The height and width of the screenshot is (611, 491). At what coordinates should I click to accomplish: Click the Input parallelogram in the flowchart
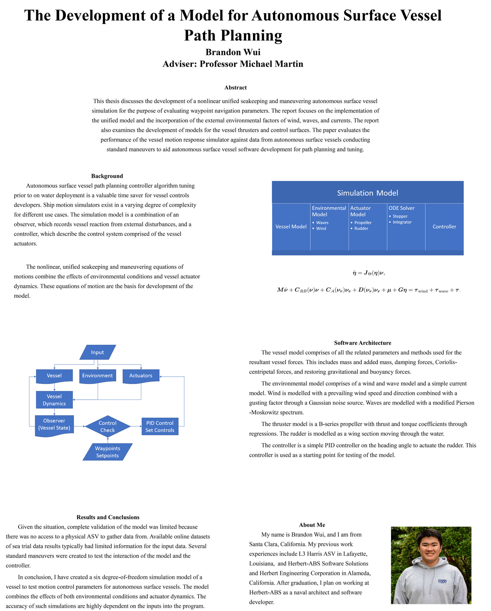coord(98,352)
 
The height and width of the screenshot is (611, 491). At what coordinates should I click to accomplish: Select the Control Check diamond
coord(108,426)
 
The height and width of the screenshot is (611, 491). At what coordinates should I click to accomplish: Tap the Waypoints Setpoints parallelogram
coord(107,452)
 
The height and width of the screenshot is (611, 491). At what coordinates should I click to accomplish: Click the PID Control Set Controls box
coord(160,426)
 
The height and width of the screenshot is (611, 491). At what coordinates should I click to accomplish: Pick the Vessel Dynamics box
coord(54,400)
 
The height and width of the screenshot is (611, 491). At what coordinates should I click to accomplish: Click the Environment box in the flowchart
coord(98,376)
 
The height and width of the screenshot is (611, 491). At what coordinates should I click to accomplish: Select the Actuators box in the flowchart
coord(141,376)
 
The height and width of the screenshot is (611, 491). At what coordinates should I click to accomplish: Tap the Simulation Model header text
coord(367,193)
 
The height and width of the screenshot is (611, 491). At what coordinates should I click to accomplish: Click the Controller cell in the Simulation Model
coord(444,226)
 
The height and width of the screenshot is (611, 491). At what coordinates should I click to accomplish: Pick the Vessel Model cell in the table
coord(291,226)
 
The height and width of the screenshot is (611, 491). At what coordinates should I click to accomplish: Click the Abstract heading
coord(236,88)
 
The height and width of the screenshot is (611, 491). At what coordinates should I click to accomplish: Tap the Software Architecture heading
coord(363,343)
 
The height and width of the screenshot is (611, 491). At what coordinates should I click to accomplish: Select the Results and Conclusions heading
coord(108,517)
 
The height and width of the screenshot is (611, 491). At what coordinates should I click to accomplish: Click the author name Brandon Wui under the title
coord(233,52)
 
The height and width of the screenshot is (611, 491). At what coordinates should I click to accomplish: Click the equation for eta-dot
coord(369,273)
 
